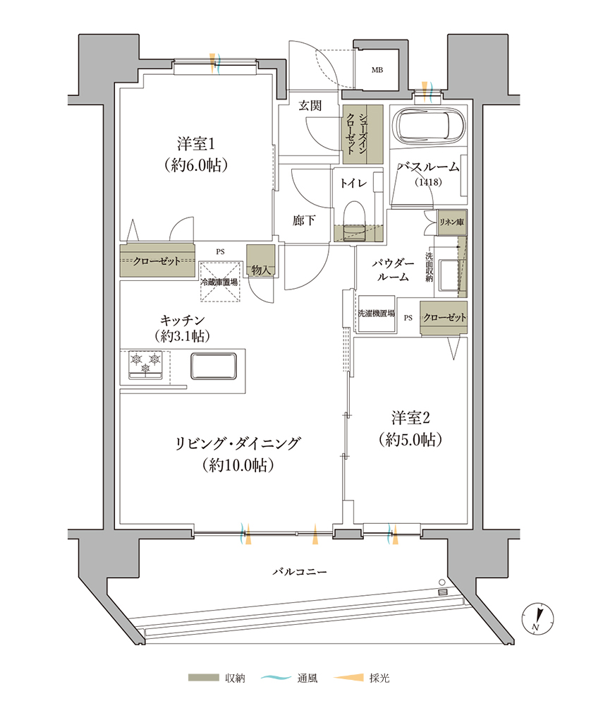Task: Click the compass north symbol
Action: point(537,618)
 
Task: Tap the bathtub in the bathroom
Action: point(427,126)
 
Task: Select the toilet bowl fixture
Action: point(353,221)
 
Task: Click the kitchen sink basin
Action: point(214,366)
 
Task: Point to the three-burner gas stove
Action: point(145,364)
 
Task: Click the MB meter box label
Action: point(377,70)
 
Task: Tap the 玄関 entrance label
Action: point(310,105)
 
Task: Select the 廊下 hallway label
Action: point(304,220)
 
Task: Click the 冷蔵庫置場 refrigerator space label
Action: point(219,282)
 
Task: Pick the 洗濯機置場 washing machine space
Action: point(377,314)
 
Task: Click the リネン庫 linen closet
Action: point(451,222)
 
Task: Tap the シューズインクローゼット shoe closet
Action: point(363,134)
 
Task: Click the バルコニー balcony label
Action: point(299,572)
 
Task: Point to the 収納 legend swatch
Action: point(203,678)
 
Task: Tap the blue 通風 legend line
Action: point(276,677)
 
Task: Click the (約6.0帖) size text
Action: point(196,165)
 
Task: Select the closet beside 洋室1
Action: point(157,261)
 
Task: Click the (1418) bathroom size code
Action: point(428,182)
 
